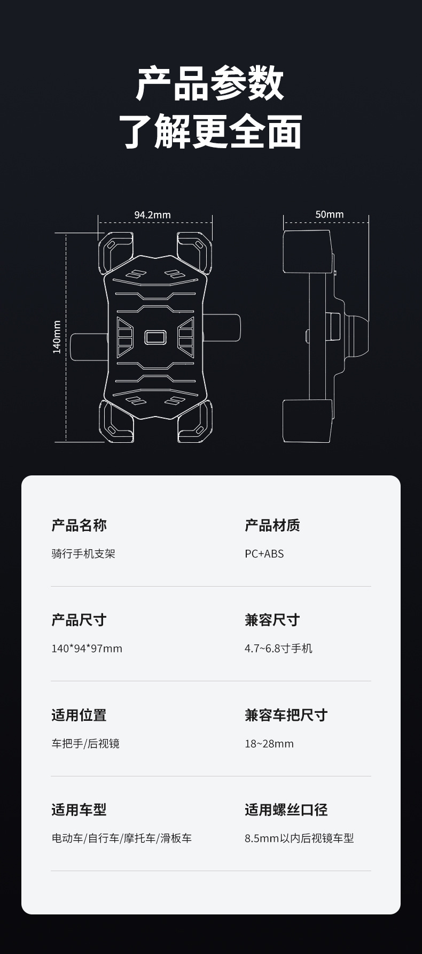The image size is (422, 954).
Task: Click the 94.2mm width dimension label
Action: click(x=152, y=214)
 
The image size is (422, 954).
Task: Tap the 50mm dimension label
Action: click(x=329, y=214)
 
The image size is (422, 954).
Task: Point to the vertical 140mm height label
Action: click(x=57, y=337)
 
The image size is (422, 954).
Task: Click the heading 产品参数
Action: click(x=210, y=83)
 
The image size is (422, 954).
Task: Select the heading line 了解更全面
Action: click(x=210, y=131)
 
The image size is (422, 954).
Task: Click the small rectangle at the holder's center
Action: click(x=155, y=337)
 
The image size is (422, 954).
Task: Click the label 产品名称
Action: click(x=79, y=525)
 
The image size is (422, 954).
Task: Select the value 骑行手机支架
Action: click(x=83, y=553)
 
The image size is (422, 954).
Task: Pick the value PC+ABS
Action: click(x=264, y=553)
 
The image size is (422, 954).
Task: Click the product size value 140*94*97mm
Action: click(x=87, y=649)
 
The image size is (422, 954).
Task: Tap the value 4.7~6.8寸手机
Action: click(x=278, y=649)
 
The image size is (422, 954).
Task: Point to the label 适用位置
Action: click(x=79, y=715)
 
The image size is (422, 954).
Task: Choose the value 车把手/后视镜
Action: click(x=85, y=743)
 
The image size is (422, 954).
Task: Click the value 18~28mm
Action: click(x=269, y=743)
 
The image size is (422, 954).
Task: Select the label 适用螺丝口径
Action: click(x=286, y=810)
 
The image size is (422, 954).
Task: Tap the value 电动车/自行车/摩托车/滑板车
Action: click(x=121, y=838)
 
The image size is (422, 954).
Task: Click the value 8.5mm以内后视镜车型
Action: click(x=299, y=838)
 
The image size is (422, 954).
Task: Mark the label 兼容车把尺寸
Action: click(x=286, y=715)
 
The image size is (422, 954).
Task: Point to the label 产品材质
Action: click(x=272, y=525)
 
